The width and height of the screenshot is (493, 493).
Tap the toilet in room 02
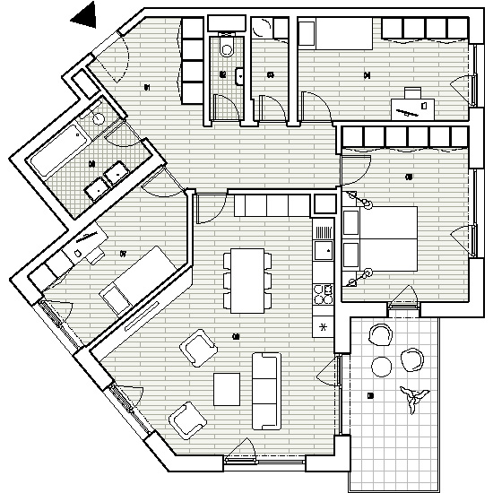tap(227, 48)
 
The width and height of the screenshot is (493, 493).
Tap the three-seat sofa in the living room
tap(266, 390)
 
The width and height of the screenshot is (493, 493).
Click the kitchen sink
tap(322, 247)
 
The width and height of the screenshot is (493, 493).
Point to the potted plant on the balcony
tap(413, 396)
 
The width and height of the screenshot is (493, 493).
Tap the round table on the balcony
tap(382, 366)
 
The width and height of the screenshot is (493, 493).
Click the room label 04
tap(367, 75)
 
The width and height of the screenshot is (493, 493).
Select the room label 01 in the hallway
tap(147, 87)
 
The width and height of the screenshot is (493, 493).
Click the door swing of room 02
tap(229, 108)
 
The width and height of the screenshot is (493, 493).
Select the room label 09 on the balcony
tap(370, 395)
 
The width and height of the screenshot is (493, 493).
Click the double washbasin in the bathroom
tap(106, 179)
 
